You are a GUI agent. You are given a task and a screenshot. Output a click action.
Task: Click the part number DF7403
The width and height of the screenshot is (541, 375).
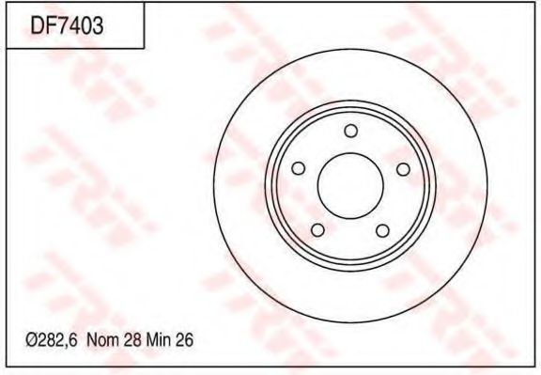67,26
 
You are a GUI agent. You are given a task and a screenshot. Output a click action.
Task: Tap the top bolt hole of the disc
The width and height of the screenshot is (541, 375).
351,131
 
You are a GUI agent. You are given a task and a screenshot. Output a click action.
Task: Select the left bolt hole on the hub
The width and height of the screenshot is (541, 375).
298,168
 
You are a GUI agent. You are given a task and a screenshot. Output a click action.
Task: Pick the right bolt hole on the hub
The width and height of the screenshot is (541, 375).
403,169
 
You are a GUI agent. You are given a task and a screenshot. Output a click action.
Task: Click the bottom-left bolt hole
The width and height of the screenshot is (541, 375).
317,230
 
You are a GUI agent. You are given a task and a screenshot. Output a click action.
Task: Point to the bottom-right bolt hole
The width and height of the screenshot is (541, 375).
382,230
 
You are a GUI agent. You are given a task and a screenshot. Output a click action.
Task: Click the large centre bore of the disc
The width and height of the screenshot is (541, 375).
350,186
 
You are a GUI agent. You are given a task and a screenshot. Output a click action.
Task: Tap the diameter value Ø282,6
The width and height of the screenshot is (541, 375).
51,340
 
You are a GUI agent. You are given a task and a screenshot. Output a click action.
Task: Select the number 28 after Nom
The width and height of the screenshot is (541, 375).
132,340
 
